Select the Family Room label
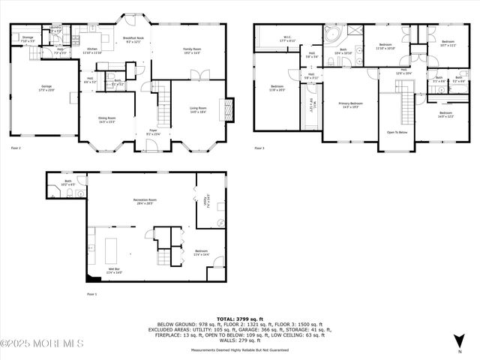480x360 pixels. tap(193, 51)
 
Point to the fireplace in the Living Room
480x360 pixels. tap(222, 107)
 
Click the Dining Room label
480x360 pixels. tap(106, 119)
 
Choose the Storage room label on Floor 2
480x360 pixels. tap(28, 38)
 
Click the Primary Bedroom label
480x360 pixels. tap(350, 105)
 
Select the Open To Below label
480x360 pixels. tap(397, 132)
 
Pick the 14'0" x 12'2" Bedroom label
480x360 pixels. tap(445, 114)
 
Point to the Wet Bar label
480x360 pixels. tap(113, 271)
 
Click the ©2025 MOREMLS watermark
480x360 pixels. tap(42, 343)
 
